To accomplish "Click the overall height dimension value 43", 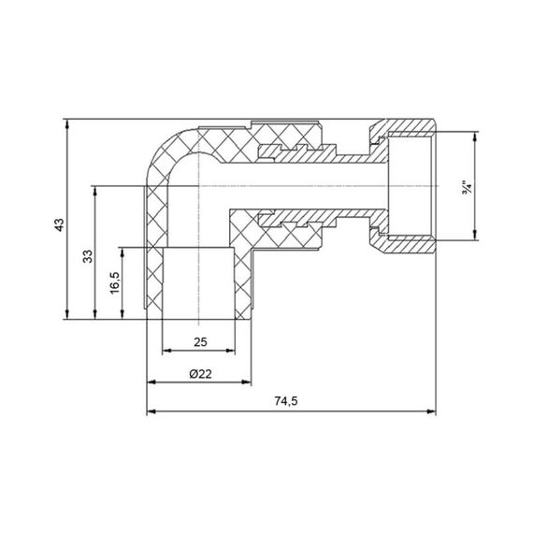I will click(x=58, y=224).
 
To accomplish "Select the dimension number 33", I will click(x=86, y=256).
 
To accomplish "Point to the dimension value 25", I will click(x=198, y=341).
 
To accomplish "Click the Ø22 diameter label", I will click(x=198, y=372).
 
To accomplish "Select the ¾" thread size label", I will click(x=466, y=187).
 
